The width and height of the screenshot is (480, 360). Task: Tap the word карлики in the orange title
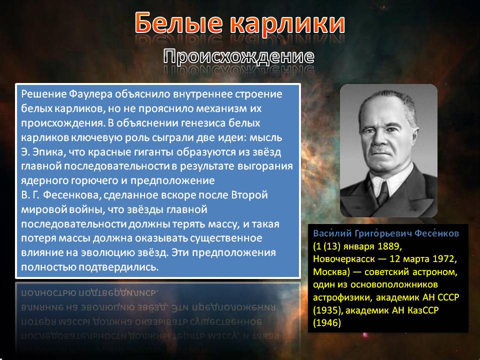click(x=287, y=23)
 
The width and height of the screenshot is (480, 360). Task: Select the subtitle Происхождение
click(x=239, y=56)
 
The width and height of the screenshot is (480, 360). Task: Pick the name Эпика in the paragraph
click(x=49, y=152)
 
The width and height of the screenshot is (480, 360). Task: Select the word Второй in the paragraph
click(x=249, y=195)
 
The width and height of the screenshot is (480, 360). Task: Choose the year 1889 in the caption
click(x=389, y=246)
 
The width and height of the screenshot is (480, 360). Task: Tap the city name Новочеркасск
click(x=344, y=259)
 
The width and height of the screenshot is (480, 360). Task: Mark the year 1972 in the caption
click(x=444, y=259)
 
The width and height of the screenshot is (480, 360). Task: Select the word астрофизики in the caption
click(x=343, y=297)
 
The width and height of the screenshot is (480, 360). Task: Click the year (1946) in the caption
click(x=327, y=322)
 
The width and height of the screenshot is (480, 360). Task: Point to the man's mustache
click(x=379, y=149)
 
